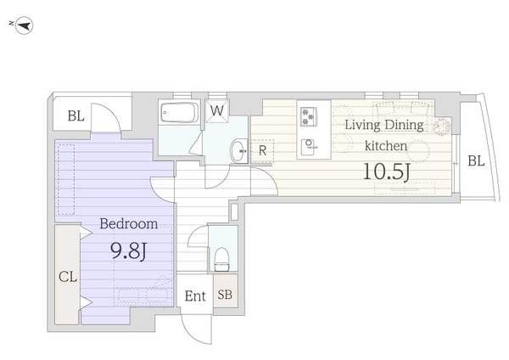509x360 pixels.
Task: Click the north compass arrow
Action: point(22,25)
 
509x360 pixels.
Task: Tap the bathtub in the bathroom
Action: point(180,112)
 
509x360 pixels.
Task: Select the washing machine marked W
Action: point(217,110)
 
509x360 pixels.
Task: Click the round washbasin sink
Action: point(239,150)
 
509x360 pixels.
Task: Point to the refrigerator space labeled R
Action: point(262,151)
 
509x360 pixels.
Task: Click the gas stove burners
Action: point(309,116)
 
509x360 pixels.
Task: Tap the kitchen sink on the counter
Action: point(309,147)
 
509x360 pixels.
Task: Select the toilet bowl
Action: point(222,259)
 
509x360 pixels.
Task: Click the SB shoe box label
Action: point(225,295)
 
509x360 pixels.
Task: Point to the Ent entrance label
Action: point(195,296)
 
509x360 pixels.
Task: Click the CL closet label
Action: point(68,277)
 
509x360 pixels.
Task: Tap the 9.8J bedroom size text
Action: point(129,250)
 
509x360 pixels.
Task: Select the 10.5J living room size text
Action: point(386,172)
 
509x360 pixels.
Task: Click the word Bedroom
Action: point(129,223)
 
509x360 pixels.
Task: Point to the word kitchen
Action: point(386,145)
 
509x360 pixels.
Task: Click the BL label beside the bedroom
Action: point(76,116)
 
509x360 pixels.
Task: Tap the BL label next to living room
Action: point(476,160)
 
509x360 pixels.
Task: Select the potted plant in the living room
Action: point(441,126)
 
